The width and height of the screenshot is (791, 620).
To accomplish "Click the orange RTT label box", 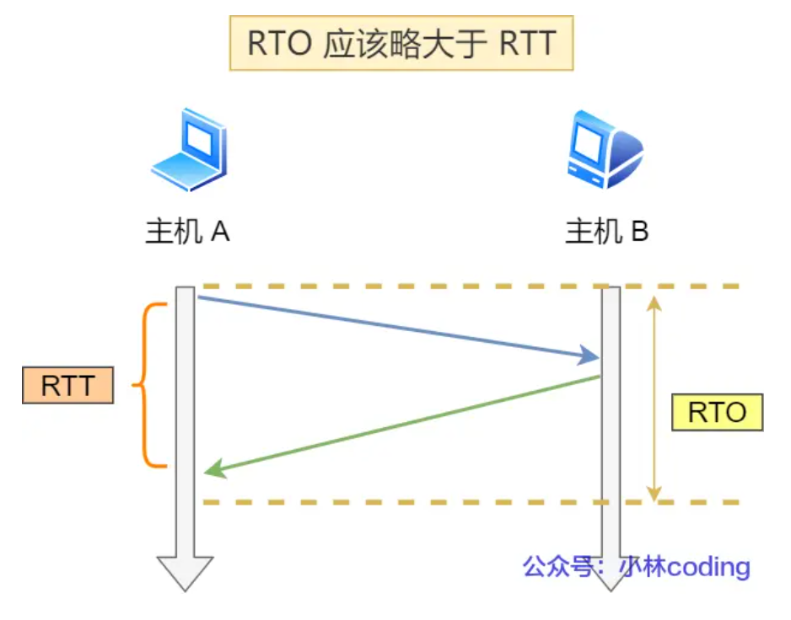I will point(67,386).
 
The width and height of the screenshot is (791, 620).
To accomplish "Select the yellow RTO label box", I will point(717,412).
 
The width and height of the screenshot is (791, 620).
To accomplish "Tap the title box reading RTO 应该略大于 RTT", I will point(401,44).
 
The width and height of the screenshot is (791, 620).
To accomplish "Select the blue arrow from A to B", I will point(396,327).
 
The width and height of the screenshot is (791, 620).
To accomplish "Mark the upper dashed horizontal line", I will point(472,286).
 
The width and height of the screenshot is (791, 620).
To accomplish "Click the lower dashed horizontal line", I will point(472,503).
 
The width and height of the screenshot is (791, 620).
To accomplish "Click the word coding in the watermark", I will point(708,566).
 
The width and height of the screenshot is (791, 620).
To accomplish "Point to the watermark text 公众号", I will point(553,566).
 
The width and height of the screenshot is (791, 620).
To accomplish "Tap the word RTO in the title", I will point(280,44).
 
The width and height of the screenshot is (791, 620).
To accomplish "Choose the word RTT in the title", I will point(527,44).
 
